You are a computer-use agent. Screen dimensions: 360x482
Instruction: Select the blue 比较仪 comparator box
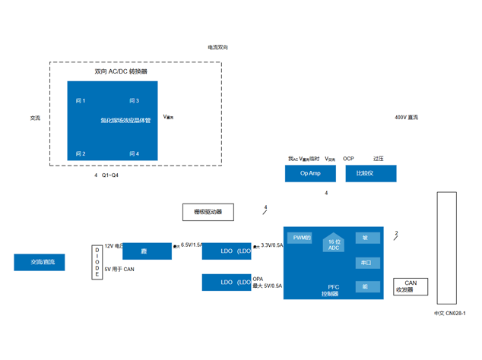pyautogui.click(x=371, y=173)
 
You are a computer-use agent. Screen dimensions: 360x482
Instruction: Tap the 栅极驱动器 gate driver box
pyautogui.click(x=208, y=212)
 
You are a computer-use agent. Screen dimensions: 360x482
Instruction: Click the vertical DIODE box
pyautogui.click(x=97, y=262)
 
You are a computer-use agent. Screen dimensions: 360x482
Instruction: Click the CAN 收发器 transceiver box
pyautogui.click(x=410, y=286)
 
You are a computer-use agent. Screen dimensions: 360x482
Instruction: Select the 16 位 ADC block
pyautogui.click(x=334, y=244)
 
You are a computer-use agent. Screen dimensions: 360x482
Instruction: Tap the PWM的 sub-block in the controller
pyautogui.click(x=302, y=238)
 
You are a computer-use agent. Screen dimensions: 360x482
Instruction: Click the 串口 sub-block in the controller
pyautogui.click(x=366, y=263)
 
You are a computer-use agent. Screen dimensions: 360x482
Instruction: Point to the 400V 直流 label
pyautogui.click(x=406, y=118)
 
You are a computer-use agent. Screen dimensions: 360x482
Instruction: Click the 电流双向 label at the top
pyautogui.click(x=218, y=47)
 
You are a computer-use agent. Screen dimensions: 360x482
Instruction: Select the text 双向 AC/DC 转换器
pyautogui.click(x=121, y=71)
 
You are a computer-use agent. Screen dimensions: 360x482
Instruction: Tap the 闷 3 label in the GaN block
pyautogui.click(x=134, y=101)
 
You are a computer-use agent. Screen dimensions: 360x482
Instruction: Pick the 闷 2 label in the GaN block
pyautogui.click(x=81, y=154)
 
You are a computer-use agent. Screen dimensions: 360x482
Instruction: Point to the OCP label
pyautogui.click(x=348, y=159)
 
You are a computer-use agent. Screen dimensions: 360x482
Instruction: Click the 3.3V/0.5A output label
pyautogui.click(x=272, y=245)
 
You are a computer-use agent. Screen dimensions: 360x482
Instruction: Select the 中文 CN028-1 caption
pyautogui.click(x=449, y=313)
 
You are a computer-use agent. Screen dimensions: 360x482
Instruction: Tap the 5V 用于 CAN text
pyautogui.click(x=119, y=269)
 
